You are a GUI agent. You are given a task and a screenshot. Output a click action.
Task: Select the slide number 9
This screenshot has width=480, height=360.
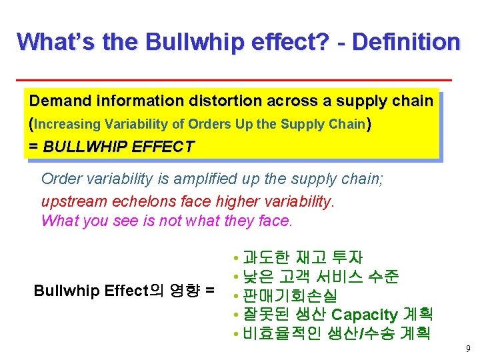coord(467,349)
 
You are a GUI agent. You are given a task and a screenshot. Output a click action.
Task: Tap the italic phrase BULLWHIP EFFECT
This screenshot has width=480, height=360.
coord(119,147)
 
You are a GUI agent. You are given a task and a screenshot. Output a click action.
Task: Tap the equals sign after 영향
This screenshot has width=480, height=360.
coord(211,291)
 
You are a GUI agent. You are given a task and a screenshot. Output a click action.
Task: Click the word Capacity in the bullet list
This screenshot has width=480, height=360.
coord(365,314)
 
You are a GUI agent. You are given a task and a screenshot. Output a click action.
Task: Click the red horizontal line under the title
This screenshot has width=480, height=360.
coord(233,80)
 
